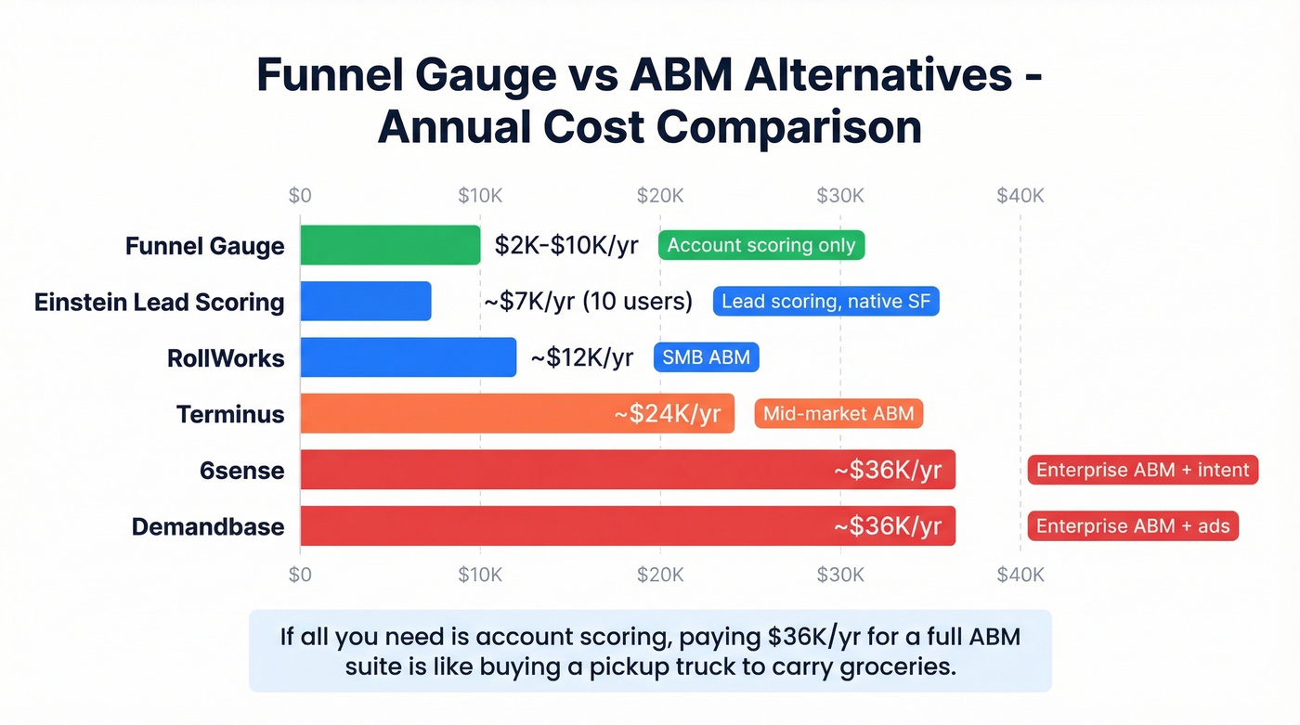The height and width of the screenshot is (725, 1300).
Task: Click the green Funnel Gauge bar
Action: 390,245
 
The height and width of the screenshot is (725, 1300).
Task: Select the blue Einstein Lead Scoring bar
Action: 366,302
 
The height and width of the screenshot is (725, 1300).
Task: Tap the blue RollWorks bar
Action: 408,357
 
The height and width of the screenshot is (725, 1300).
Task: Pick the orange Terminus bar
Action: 455,414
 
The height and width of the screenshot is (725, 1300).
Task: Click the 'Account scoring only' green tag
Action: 761,245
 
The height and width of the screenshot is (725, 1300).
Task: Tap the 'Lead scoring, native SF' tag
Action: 826,302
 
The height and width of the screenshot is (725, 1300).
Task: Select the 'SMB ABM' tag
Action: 707,357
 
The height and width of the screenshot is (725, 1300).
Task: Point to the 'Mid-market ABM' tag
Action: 838,414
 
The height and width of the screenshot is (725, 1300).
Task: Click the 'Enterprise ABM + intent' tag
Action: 1142,470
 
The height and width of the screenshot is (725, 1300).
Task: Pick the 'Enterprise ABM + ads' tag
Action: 1133,526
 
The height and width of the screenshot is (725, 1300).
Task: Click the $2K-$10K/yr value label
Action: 566,245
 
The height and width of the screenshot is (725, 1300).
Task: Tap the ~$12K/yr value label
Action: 582,357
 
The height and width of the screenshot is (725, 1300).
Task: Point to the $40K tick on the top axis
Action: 1020,196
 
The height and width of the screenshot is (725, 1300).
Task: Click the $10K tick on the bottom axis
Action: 480,575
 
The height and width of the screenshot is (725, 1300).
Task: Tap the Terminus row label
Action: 230,414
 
